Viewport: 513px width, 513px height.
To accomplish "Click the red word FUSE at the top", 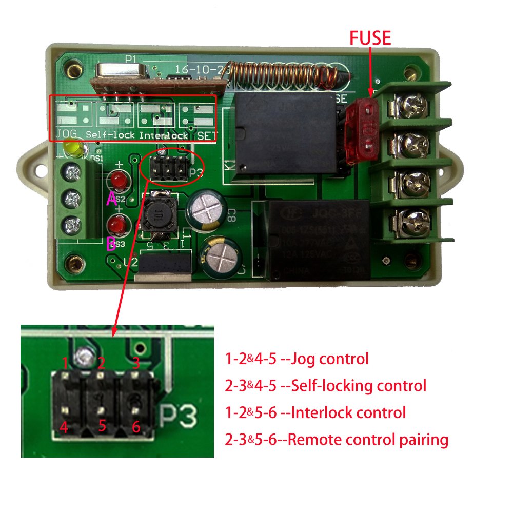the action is (370, 38).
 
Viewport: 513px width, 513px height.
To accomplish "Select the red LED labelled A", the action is (120, 181).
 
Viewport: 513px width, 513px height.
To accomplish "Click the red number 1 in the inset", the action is (65, 363).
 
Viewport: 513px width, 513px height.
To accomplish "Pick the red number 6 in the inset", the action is (136, 426).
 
